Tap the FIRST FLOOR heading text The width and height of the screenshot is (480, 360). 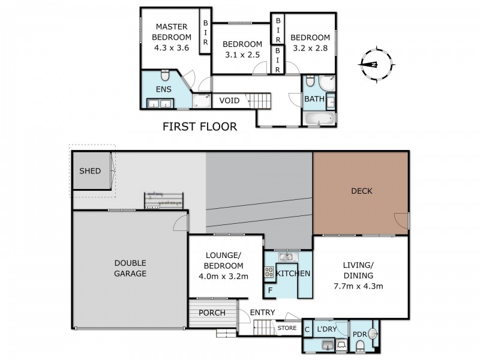tap(200, 127)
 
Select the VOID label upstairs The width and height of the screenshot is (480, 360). tap(230, 100)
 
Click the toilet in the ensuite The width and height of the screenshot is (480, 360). tap(165, 76)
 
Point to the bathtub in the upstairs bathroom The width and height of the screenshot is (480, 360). tap(318, 118)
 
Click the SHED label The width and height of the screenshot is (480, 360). tap(90, 171)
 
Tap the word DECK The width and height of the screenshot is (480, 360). tap(362, 191)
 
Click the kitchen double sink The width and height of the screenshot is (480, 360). tap(287, 257)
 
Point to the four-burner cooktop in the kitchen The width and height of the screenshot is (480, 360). tap(269, 273)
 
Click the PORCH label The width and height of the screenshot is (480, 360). tap(212, 313)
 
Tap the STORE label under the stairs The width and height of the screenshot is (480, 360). tap(287, 328)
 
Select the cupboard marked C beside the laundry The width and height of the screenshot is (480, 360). tap(307, 329)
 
